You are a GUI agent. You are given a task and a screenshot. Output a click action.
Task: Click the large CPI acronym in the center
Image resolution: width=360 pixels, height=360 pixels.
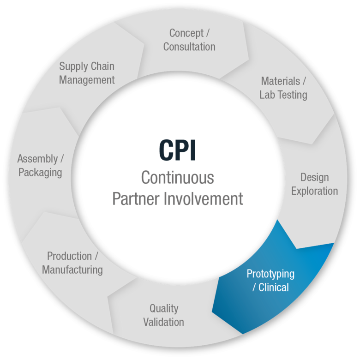(177, 150)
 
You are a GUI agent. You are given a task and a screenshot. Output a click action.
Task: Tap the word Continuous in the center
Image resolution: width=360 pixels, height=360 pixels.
(178, 177)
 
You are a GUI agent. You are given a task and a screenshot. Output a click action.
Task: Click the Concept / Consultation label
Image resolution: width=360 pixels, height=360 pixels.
(189, 40)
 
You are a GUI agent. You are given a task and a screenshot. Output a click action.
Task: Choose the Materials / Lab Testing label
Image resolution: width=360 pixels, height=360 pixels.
(283, 88)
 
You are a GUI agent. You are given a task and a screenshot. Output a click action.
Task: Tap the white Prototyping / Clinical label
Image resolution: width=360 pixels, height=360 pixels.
(270, 280)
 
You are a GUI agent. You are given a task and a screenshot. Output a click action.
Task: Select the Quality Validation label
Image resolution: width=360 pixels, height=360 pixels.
(164, 315)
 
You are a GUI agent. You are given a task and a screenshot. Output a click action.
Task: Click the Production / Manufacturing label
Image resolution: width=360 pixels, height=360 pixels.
(72, 263)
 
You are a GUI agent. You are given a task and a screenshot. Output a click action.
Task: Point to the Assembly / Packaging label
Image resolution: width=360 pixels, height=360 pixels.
(40, 166)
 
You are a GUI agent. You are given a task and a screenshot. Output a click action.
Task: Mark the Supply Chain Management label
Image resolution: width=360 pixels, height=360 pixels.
(87, 73)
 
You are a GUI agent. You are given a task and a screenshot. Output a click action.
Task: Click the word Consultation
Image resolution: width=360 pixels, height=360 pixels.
(189, 47)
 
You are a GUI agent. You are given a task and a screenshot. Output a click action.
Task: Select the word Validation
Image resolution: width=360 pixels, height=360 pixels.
(164, 322)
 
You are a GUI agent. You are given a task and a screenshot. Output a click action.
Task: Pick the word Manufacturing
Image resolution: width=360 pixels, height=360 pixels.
(72, 270)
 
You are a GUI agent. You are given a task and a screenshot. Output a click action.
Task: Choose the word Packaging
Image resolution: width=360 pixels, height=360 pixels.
(40, 173)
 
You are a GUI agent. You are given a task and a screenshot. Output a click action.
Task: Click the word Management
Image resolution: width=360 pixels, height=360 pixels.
(87, 80)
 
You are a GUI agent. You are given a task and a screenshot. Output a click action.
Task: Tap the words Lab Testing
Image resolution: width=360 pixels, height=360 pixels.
(283, 95)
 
